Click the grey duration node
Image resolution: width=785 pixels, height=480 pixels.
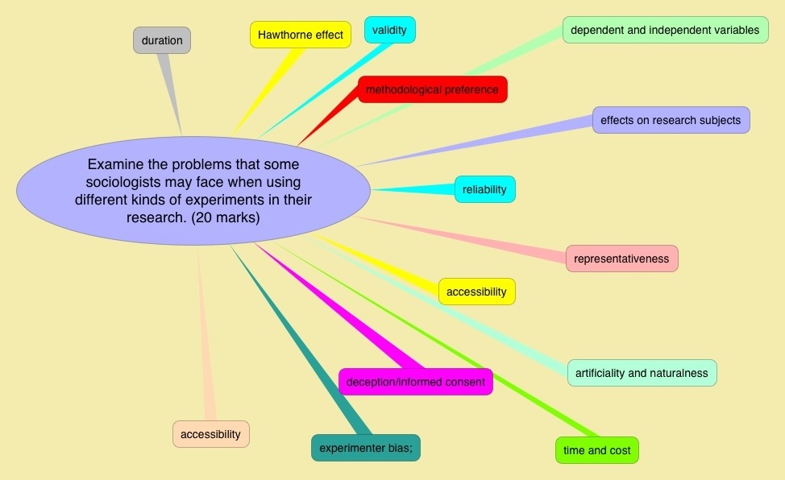pos(162,40)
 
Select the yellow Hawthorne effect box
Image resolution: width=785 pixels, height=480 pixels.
pos(300,35)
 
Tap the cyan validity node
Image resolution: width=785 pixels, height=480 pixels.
pos(389,31)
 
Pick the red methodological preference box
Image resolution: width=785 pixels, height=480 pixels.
pos(432,89)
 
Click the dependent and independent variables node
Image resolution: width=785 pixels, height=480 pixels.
pos(664,30)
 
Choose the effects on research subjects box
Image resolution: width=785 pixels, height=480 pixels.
pos(671,120)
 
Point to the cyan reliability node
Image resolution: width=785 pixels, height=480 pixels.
pos(484,189)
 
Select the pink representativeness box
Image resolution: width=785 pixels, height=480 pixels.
pos(621,259)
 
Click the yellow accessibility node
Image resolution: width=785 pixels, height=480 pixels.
pos(476,292)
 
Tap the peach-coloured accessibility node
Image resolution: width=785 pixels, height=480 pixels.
pos(210,434)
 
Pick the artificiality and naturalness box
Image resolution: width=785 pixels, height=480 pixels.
pos(642,373)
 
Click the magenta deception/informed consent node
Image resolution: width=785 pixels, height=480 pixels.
pos(415,382)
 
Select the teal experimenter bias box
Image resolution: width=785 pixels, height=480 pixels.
pos(365,448)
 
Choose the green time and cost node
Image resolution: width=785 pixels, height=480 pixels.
pos(596,450)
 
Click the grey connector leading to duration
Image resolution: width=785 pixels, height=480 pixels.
pos(172,93)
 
